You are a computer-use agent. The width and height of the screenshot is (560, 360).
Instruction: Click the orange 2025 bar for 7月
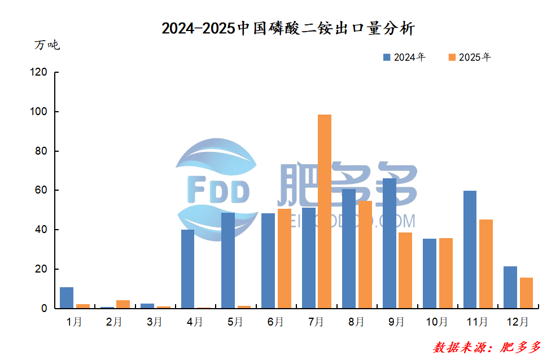pos(325,212)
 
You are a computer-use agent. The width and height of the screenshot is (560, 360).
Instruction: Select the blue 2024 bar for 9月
pos(389,244)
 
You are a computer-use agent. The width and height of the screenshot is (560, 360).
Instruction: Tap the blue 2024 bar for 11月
pos(470,249)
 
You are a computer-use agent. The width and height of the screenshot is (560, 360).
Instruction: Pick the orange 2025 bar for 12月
pos(526,293)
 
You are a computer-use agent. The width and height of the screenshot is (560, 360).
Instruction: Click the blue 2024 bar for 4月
pos(187,269)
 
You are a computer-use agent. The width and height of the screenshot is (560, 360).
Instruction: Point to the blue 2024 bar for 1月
pos(67,298)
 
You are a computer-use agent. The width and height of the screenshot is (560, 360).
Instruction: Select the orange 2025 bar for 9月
pos(405,270)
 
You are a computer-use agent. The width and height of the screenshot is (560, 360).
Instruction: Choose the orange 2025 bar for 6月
pos(285,258)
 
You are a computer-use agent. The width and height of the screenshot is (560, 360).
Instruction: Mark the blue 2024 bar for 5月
pos(228,261)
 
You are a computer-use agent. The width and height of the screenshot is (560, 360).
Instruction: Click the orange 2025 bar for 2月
pos(123,304)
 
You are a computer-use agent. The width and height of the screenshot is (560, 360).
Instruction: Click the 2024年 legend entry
pos(404,57)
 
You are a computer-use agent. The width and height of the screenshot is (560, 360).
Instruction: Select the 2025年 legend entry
pos(469,57)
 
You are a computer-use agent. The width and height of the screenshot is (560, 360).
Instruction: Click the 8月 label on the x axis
pos(356,322)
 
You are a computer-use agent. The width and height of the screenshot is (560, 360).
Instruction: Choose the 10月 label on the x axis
pos(437,322)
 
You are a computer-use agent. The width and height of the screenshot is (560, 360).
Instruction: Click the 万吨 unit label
pos(47,45)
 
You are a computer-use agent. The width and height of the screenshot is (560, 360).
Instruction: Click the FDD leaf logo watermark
pos(217,190)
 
